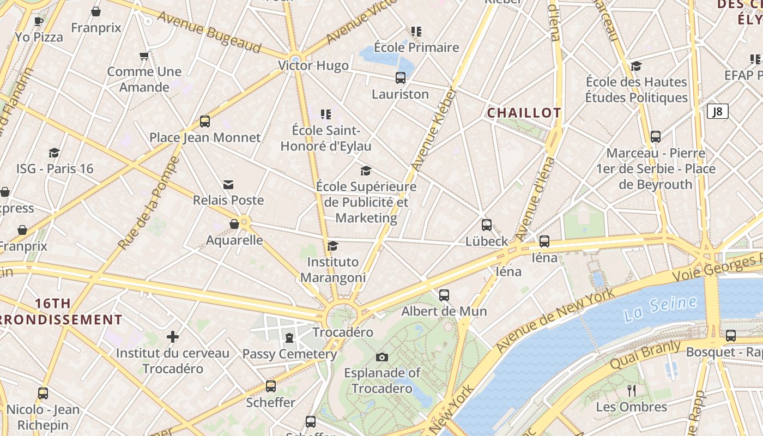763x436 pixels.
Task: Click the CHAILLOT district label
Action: coord(524,113)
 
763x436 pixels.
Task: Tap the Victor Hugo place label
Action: coord(313,66)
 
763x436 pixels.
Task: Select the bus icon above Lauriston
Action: coord(401,78)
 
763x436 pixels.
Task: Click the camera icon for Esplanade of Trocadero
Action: coord(382,357)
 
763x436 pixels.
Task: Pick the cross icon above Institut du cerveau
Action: coord(173,337)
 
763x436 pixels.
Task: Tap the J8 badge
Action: coord(718,112)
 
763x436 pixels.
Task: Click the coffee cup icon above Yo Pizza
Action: coord(39,21)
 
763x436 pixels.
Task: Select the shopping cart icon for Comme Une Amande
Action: coord(144,56)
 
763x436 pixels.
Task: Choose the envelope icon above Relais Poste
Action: coord(228,185)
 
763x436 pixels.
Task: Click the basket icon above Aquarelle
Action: coord(234,224)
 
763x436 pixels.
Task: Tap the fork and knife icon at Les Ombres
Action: coord(632,390)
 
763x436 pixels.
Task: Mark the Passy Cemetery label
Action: coord(289,354)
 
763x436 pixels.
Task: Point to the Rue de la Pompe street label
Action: coord(148,203)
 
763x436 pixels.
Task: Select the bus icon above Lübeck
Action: coord(487,225)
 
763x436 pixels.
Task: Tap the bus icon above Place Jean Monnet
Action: coord(205,122)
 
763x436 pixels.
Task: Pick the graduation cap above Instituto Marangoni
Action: coord(332,246)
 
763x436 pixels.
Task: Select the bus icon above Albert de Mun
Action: coord(444,295)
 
